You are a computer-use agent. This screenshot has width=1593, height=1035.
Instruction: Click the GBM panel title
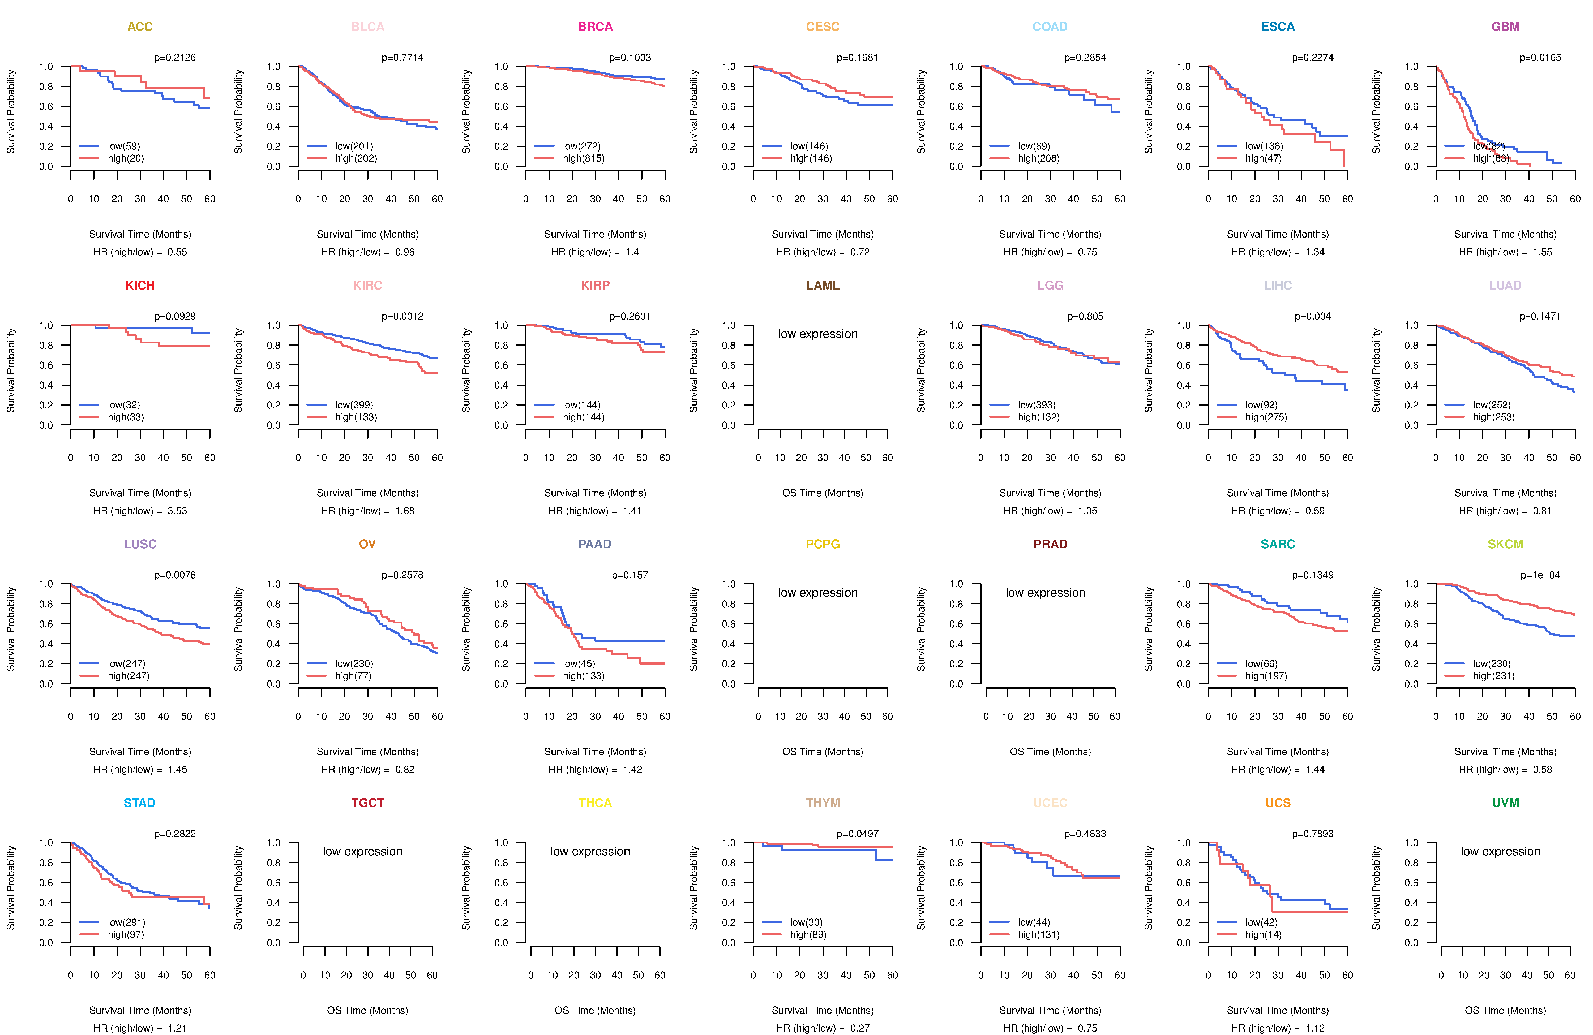tap(1505, 27)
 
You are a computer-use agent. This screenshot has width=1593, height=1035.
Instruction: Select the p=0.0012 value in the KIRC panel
tap(402, 316)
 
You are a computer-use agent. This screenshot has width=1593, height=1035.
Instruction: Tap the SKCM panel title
tap(1505, 544)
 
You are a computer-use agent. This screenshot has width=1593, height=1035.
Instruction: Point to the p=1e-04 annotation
tap(1540, 575)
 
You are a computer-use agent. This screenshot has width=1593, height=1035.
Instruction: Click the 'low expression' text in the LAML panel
tap(817, 334)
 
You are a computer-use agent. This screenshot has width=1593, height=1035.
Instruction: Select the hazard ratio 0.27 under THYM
tap(860, 1028)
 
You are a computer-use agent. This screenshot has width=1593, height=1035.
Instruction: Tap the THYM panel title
tap(823, 803)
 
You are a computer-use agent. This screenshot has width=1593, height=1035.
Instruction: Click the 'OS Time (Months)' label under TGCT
tap(367, 1010)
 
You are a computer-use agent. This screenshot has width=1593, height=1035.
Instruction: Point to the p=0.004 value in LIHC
tap(1313, 316)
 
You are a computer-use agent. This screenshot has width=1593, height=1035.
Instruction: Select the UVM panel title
tap(1505, 803)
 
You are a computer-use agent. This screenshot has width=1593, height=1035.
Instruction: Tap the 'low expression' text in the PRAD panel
tap(1045, 593)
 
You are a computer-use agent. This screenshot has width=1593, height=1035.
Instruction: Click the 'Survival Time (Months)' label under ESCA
tap(1278, 234)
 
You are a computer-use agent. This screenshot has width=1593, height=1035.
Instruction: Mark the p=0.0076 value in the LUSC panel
tap(175, 575)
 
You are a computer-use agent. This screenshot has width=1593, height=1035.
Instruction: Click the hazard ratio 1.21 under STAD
tap(177, 1028)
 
